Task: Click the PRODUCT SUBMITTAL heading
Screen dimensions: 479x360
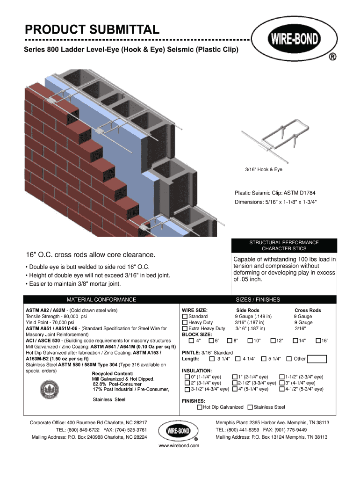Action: pos(92,30)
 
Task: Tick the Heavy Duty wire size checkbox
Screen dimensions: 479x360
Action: pos(185,323)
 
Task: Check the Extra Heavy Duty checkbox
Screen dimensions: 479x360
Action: pos(185,329)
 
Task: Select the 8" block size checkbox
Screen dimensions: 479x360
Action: pos(230,341)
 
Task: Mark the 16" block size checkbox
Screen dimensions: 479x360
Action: pos(318,341)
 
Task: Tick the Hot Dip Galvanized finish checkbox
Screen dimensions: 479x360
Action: pos(200,407)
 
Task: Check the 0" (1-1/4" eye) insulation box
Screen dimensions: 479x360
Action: pos(187,377)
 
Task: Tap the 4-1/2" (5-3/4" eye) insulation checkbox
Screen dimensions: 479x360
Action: pos(282,389)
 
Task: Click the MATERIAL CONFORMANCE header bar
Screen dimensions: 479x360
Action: pos(101,300)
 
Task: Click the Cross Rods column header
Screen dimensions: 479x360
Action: pos(308,311)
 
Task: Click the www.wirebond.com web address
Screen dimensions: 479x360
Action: pos(179,446)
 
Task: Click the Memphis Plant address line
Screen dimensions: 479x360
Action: pos(272,423)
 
